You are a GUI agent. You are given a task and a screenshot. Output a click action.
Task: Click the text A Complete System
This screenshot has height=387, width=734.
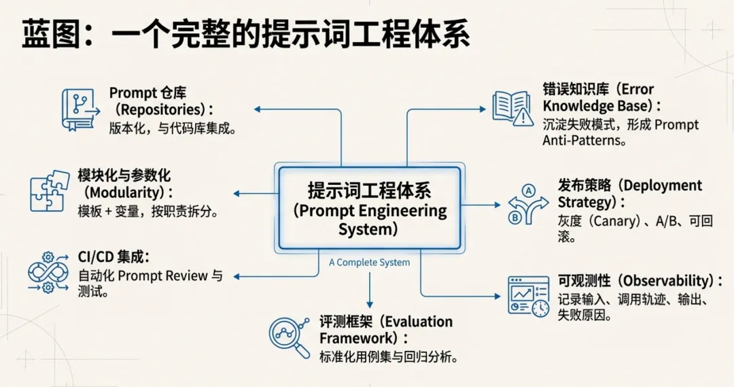tap(369, 262)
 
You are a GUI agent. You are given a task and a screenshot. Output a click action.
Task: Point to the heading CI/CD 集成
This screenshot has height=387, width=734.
tap(113, 257)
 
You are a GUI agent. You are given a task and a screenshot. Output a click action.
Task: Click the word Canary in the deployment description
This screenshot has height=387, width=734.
tap(616, 221)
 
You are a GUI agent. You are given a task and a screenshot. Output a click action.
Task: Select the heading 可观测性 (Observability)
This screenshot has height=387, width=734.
tap(640, 281)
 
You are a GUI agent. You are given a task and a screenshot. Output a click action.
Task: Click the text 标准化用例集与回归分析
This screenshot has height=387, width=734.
tap(387, 356)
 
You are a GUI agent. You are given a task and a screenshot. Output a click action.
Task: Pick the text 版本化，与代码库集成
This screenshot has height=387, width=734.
tap(172, 129)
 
